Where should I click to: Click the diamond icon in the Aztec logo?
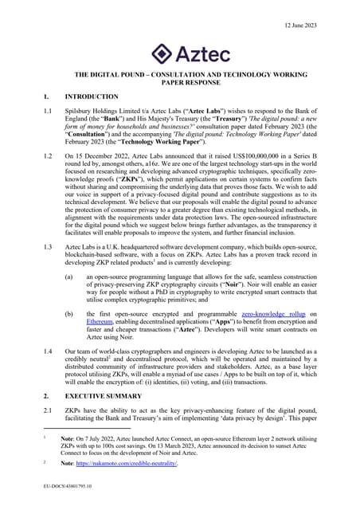click(162, 53)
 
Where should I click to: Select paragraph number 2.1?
click(49, 410)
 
